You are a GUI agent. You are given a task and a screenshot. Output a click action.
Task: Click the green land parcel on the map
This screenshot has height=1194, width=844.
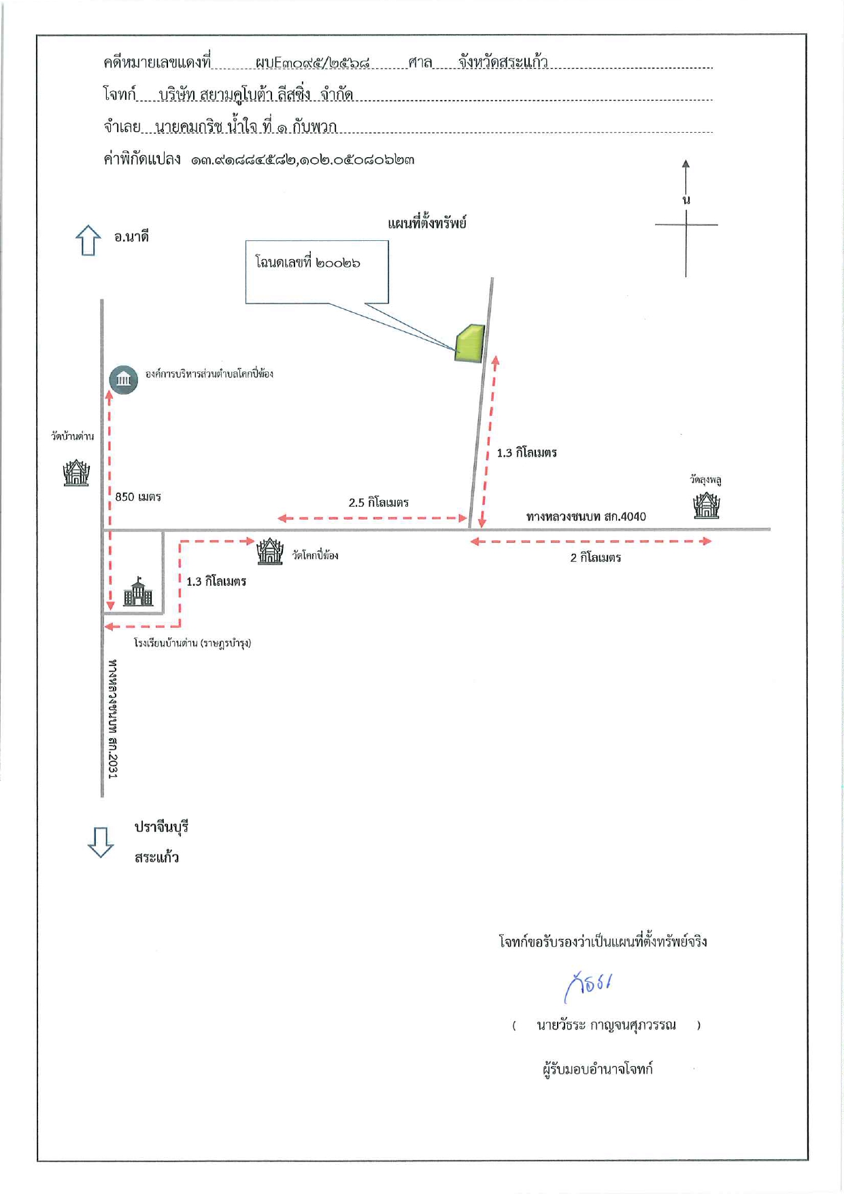[470, 344]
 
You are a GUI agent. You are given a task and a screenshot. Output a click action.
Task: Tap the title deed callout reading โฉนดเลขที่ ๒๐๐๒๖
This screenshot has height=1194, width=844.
[307, 263]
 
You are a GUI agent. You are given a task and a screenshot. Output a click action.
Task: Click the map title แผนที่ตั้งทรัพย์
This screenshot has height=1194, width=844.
[427, 222]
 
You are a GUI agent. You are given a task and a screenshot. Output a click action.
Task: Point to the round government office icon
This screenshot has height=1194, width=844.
[124, 379]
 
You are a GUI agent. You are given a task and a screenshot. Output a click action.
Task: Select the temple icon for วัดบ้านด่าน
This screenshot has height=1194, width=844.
[76, 472]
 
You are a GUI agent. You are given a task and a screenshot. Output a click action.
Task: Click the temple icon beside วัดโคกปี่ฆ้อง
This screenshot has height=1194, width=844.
[270, 550]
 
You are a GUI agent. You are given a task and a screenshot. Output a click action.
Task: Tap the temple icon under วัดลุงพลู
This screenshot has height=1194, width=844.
[707, 505]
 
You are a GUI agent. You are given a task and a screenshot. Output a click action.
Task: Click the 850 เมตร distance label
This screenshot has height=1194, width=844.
[138, 497]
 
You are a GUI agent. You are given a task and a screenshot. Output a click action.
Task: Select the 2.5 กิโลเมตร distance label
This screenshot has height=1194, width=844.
[379, 503]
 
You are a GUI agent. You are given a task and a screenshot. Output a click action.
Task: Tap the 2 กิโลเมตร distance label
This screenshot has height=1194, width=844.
[596, 558]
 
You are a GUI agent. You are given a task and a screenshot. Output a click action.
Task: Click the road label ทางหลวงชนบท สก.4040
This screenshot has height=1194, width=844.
[586, 516]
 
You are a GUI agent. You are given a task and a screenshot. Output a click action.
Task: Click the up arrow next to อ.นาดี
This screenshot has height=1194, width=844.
[88, 240]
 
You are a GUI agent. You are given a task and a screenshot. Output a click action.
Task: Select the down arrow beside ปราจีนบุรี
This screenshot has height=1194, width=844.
[101, 842]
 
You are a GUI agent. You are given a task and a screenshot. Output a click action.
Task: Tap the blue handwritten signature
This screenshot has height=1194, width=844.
[588, 986]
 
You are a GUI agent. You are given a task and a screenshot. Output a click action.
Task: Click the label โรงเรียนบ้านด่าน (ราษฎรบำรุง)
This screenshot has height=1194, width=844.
[192, 643]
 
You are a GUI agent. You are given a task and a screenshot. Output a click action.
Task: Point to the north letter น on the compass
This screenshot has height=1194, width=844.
[686, 199]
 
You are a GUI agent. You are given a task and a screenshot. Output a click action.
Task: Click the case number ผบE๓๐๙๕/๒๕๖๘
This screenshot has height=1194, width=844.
[313, 63]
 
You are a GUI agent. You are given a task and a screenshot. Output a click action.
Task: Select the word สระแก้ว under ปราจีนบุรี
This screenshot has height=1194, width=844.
[156, 857]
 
